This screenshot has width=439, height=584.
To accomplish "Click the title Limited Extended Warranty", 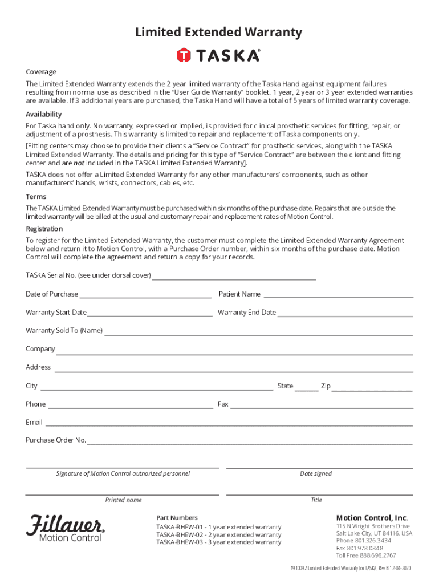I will (218, 33).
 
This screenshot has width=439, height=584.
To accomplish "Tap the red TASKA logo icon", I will (184, 55).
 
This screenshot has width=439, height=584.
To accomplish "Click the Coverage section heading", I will (41, 72).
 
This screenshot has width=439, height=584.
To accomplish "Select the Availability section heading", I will (44, 114).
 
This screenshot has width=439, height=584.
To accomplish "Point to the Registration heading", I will (44, 229).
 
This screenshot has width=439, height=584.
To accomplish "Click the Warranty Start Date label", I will (56, 313).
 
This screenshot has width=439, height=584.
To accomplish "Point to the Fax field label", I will (223, 404).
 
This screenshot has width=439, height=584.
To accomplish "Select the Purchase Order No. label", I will (56, 440).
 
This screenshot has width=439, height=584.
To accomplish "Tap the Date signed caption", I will (316, 473).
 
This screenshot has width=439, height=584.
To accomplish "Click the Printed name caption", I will (123, 500).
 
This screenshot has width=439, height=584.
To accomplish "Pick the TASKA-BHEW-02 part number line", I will (219, 535).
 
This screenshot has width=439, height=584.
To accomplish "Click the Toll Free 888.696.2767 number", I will (366, 555).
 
